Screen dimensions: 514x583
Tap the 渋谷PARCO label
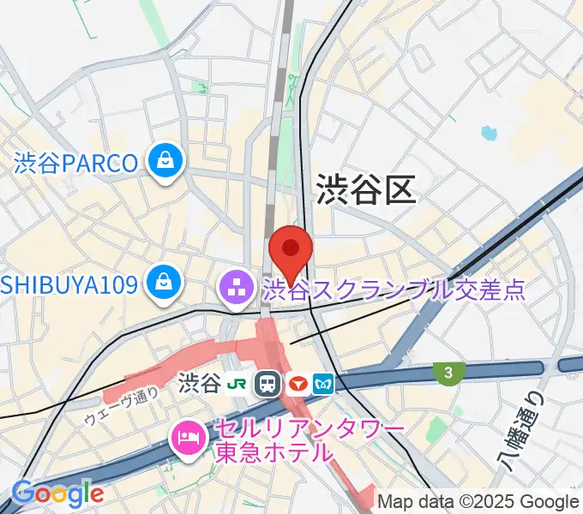click(x=75, y=163)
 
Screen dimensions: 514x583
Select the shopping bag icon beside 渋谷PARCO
click(x=163, y=160)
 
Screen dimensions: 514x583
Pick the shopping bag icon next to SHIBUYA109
click(x=163, y=282)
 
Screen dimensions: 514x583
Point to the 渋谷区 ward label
click(x=366, y=189)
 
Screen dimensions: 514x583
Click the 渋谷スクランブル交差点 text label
click(x=394, y=290)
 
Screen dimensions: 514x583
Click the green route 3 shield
click(x=448, y=372)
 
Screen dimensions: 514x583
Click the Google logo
click(x=57, y=493)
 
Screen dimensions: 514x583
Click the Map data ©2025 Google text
click(x=478, y=501)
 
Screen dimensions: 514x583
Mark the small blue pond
click(x=490, y=133)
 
